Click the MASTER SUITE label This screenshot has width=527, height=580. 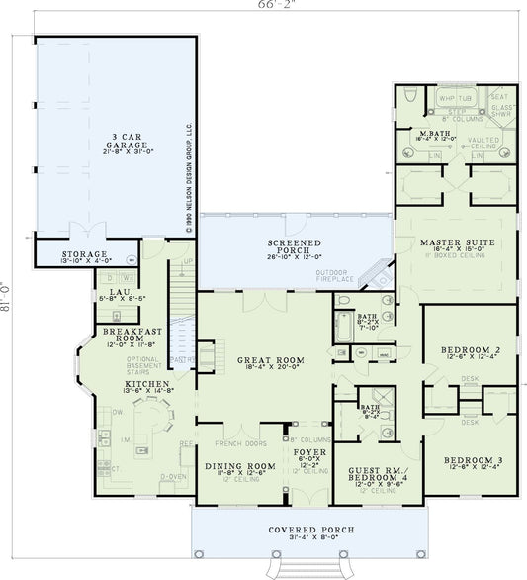tap(457, 242)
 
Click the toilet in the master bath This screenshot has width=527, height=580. tap(406, 97)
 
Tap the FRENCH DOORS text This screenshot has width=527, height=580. tap(226, 433)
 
